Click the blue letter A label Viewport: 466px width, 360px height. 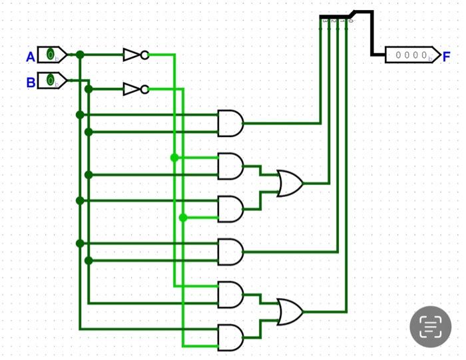click(31, 57)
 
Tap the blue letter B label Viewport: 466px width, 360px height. click(31, 83)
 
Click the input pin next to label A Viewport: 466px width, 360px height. click(51, 55)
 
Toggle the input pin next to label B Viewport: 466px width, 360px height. click(51, 81)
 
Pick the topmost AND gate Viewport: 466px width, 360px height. click(230, 123)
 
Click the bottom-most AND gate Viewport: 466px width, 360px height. click(230, 337)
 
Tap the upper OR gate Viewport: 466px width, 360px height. click(290, 182)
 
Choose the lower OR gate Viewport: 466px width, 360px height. click(290, 311)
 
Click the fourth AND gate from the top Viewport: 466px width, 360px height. click(230, 252)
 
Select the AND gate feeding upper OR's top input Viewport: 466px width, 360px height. click(230, 166)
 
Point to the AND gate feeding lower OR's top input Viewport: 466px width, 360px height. click(230, 294)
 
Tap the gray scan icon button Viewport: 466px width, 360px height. click(431, 327)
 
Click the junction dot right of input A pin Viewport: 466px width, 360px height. click(80, 55)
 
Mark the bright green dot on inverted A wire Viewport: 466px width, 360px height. click(174, 158)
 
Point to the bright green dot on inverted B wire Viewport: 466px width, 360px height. click(183, 218)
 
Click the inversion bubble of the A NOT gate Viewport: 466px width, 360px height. click(144, 55)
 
